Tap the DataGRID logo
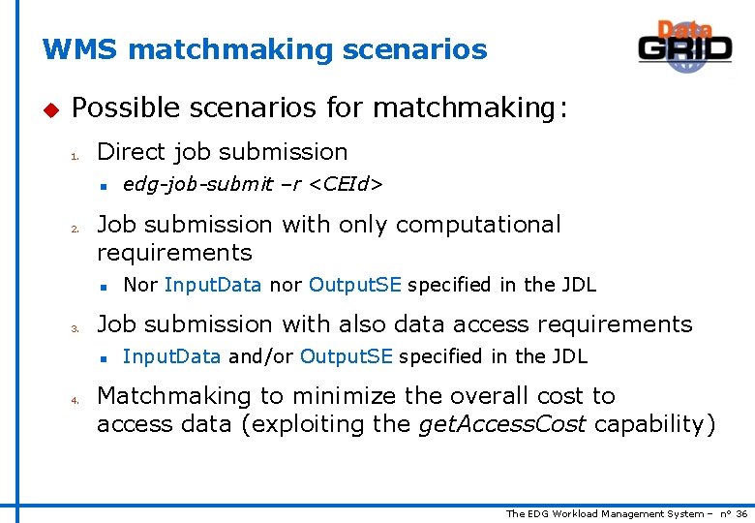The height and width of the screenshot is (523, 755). click(684, 46)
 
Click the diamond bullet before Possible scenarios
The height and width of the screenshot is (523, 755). click(51, 108)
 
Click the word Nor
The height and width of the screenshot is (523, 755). click(140, 285)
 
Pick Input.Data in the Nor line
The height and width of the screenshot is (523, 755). click(213, 285)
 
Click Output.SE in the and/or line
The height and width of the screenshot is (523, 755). click(346, 356)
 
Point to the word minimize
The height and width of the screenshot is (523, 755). click(342, 396)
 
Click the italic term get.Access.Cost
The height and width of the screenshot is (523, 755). click(501, 424)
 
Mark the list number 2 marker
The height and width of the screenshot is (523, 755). click(74, 229)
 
